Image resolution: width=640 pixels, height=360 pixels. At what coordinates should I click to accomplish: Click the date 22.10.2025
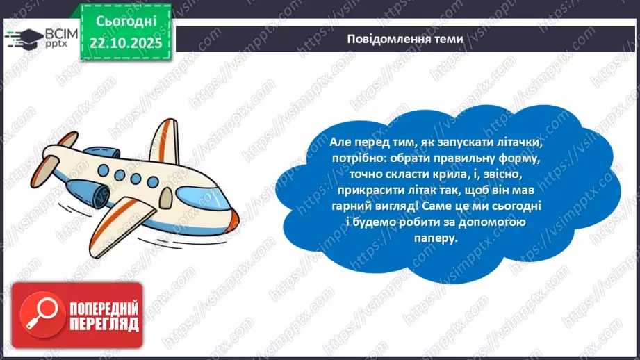point(124,42)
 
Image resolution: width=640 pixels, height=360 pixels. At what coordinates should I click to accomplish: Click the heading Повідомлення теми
point(405,39)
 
